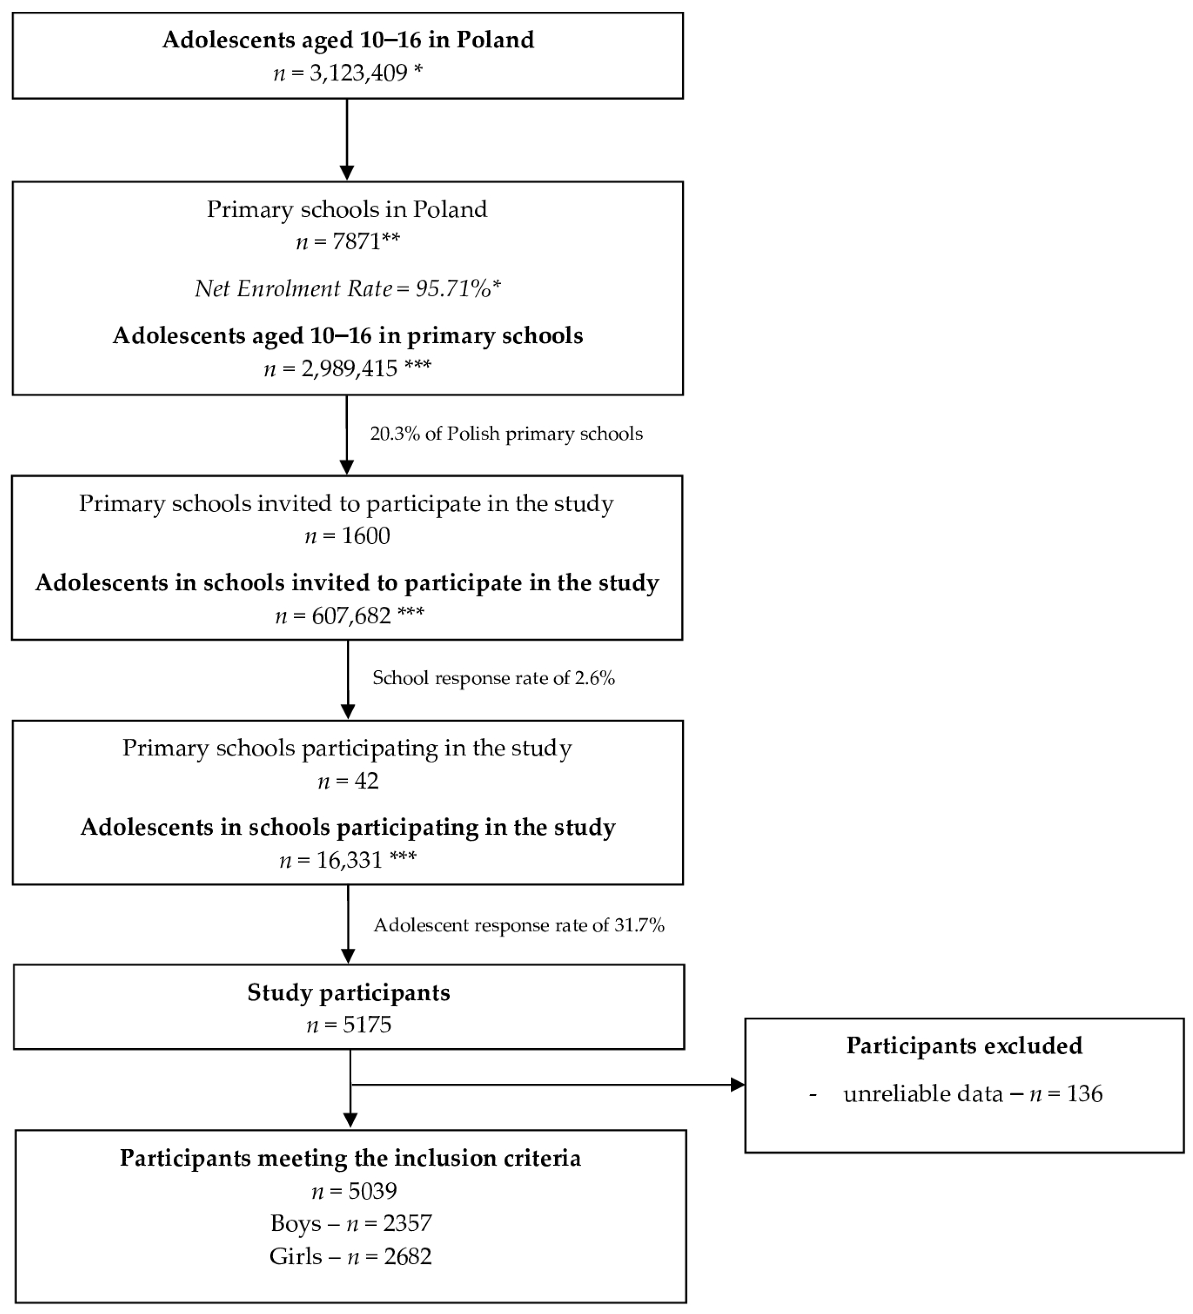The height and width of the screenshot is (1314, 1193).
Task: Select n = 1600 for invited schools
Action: click(x=347, y=536)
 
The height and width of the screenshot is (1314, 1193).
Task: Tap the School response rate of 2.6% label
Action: click(x=493, y=678)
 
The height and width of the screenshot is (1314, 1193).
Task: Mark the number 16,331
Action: click(x=350, y=860)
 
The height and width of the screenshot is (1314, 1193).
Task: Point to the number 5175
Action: click(x=367, y=1025)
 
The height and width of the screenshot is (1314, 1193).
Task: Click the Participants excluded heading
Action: click(x=964, y=1046)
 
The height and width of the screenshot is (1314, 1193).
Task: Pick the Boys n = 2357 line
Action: click(x=351, y=1223)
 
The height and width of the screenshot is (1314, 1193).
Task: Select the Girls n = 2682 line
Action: click(x=351, y=1256)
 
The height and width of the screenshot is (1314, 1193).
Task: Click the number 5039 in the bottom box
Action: click(x=372, y=1191)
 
